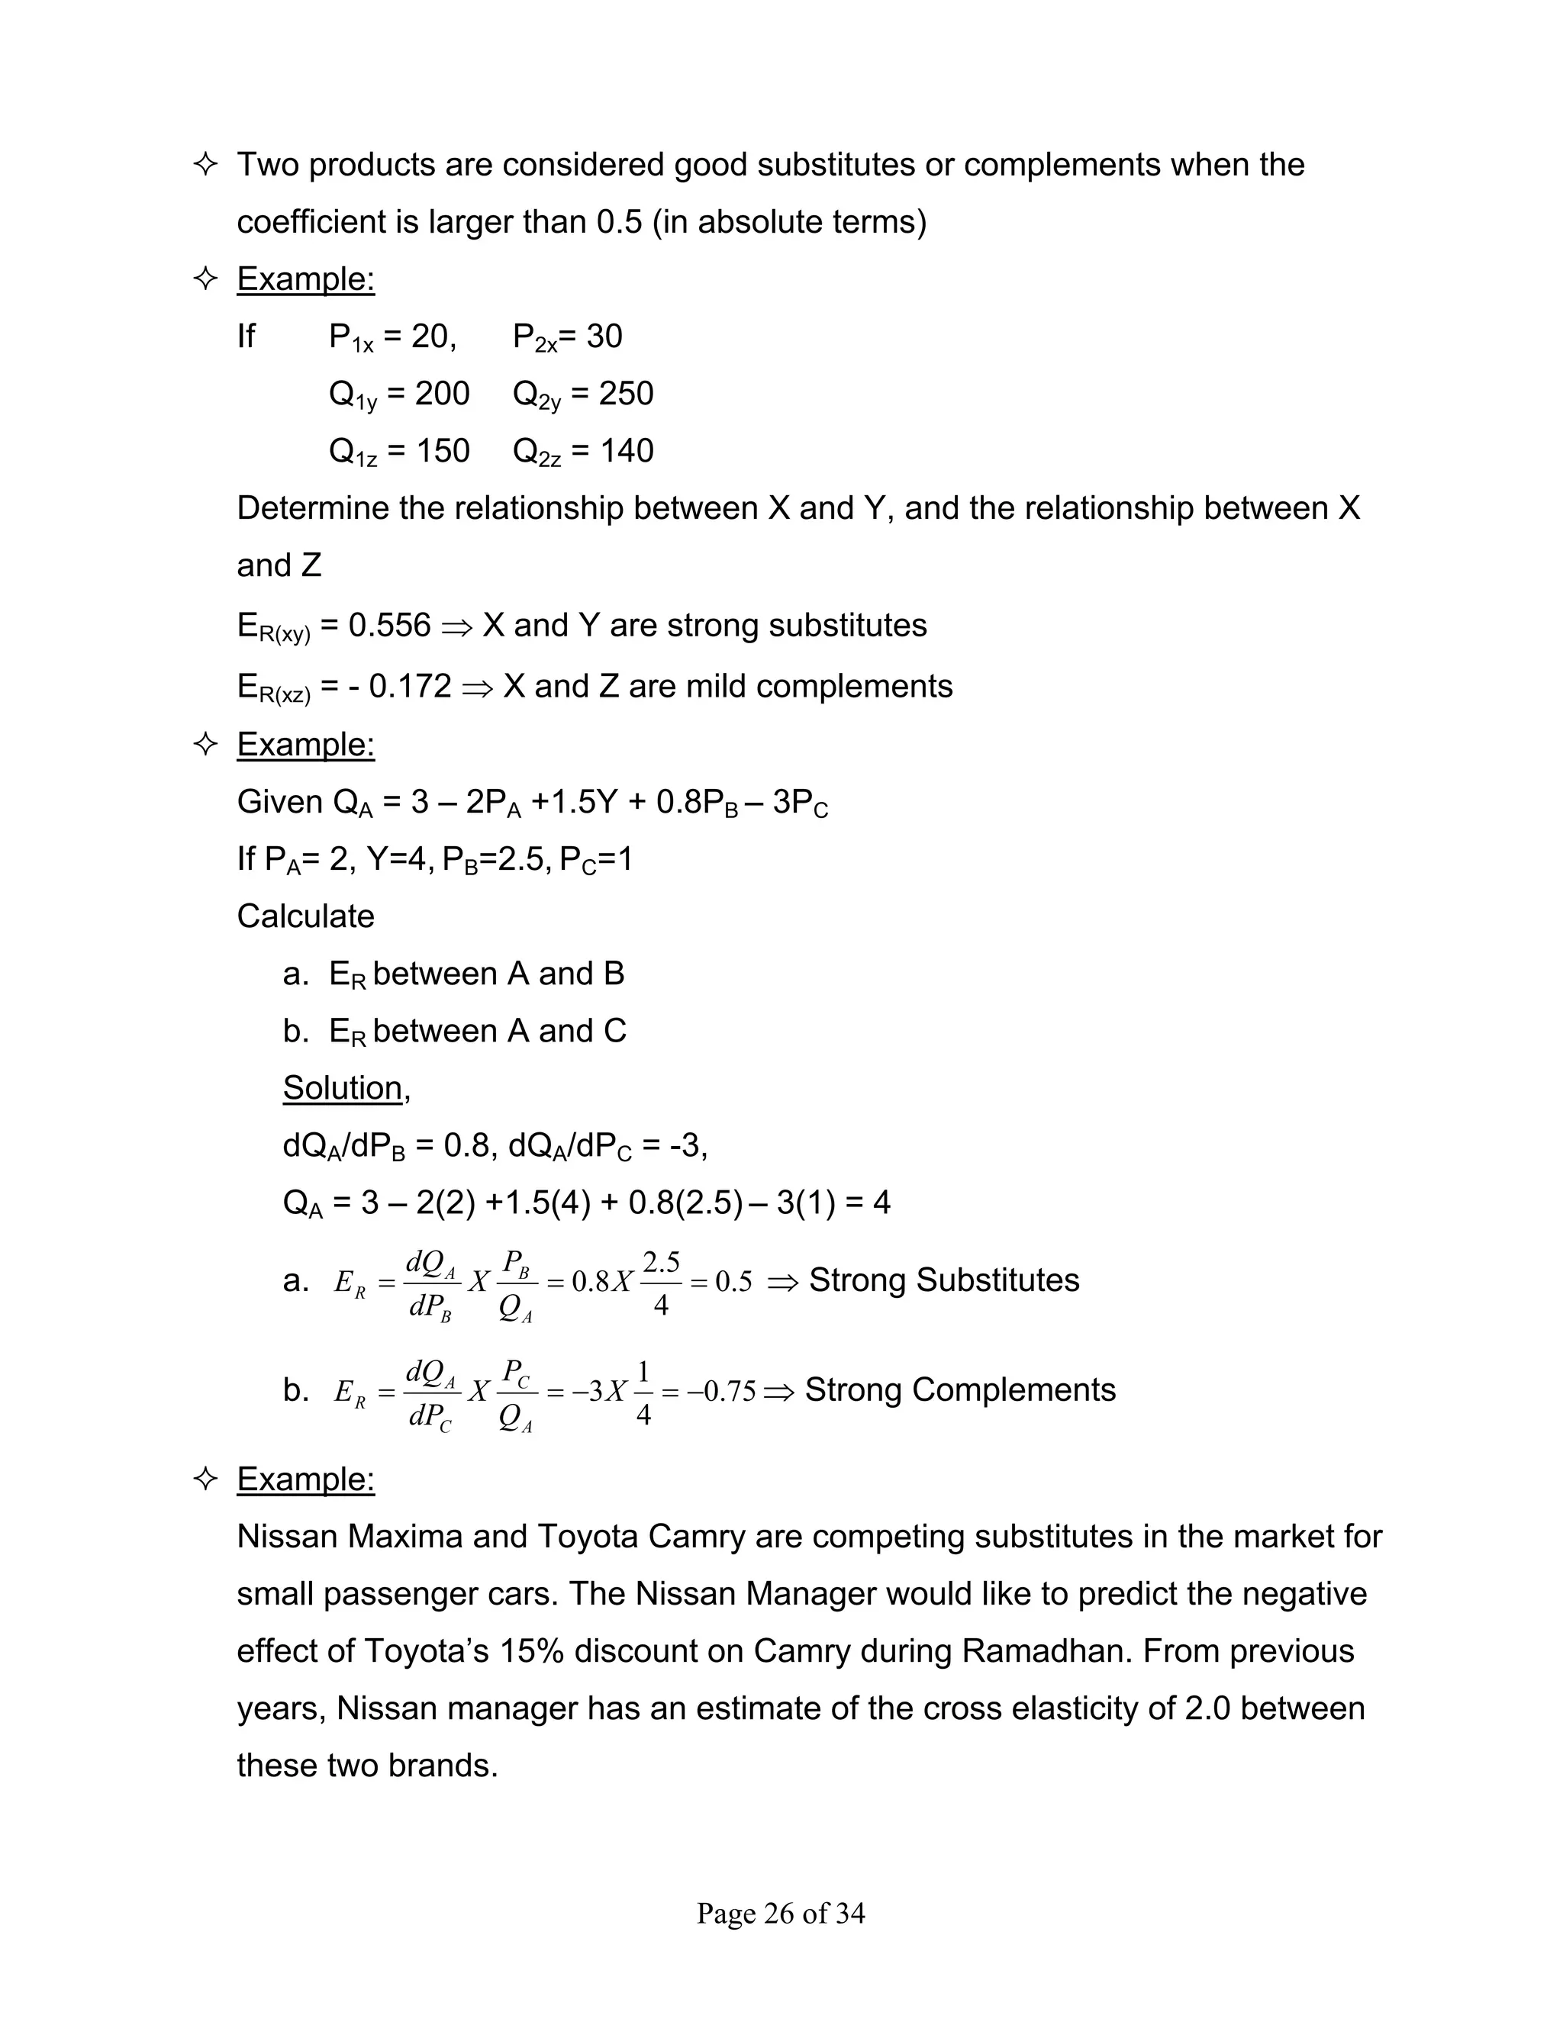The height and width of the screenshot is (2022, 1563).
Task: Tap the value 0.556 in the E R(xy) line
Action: pyautogui.click(x=389, y=625)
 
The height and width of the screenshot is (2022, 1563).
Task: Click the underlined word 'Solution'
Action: pyautogui.click(x=343, y=1088)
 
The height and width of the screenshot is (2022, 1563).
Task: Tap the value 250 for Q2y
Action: pyautogui.click(x=626, y=394)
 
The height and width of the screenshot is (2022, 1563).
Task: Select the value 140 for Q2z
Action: pyautogui.click(x=626, y=451)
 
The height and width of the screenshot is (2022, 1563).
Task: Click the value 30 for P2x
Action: pyautogui.click(x=604, y=336)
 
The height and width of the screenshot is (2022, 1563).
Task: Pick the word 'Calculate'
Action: pyautogui.click(x=305, y=916)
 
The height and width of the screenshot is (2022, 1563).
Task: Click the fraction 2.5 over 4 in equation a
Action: pyautogui.click(x=661, y=1283)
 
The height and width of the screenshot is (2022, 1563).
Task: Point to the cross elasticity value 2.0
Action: pyautogui.click(x=1207, y=1708)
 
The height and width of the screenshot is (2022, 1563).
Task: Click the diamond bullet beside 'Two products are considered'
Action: pyautogui.click(x=205, y=165)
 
